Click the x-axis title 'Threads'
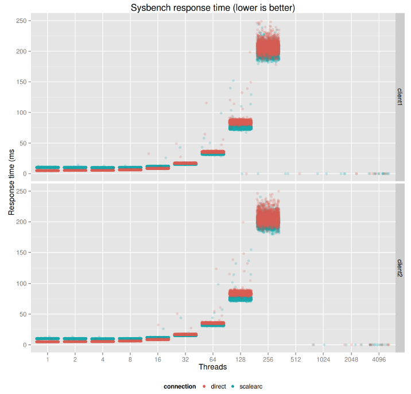[x=212, y=366]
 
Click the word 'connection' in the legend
[x=180, y=387]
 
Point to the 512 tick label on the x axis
[x=296, y=358]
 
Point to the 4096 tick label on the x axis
[x=378, y=358]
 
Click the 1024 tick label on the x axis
[x=323, y=358]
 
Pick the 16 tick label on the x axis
[x=157, y=358]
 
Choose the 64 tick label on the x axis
[x=213, y=358]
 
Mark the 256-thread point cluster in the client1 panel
[x=268, y=48]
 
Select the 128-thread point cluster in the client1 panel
[x=241, y=123]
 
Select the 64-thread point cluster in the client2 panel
[x=213, y=324]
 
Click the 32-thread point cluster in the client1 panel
[x=185, y=164]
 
